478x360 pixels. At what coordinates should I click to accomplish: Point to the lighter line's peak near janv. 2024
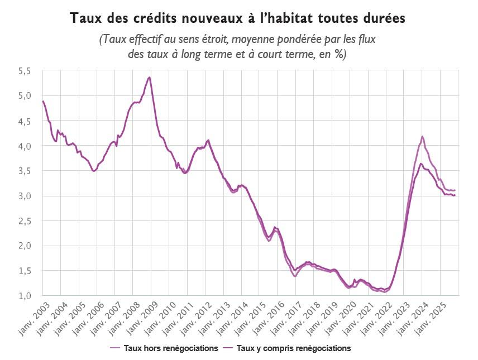[422, 136]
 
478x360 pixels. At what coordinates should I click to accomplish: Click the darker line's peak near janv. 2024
[421, 164]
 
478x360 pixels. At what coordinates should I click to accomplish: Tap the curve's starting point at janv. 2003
[43, 101]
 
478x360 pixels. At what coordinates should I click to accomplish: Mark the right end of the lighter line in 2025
[455, 190]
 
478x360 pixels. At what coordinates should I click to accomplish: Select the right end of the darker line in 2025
[455, 195]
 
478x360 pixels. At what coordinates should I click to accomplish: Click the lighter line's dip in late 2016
[294, 276]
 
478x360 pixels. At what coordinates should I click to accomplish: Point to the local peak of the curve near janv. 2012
[208, 140]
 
